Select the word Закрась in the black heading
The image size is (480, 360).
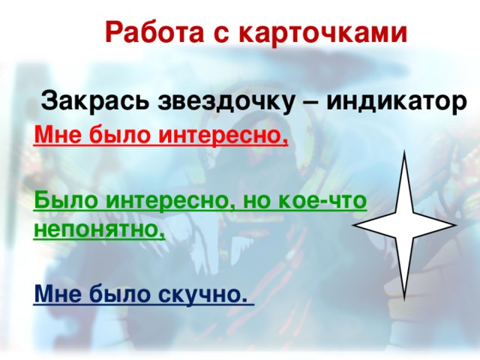tap(91, 100)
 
